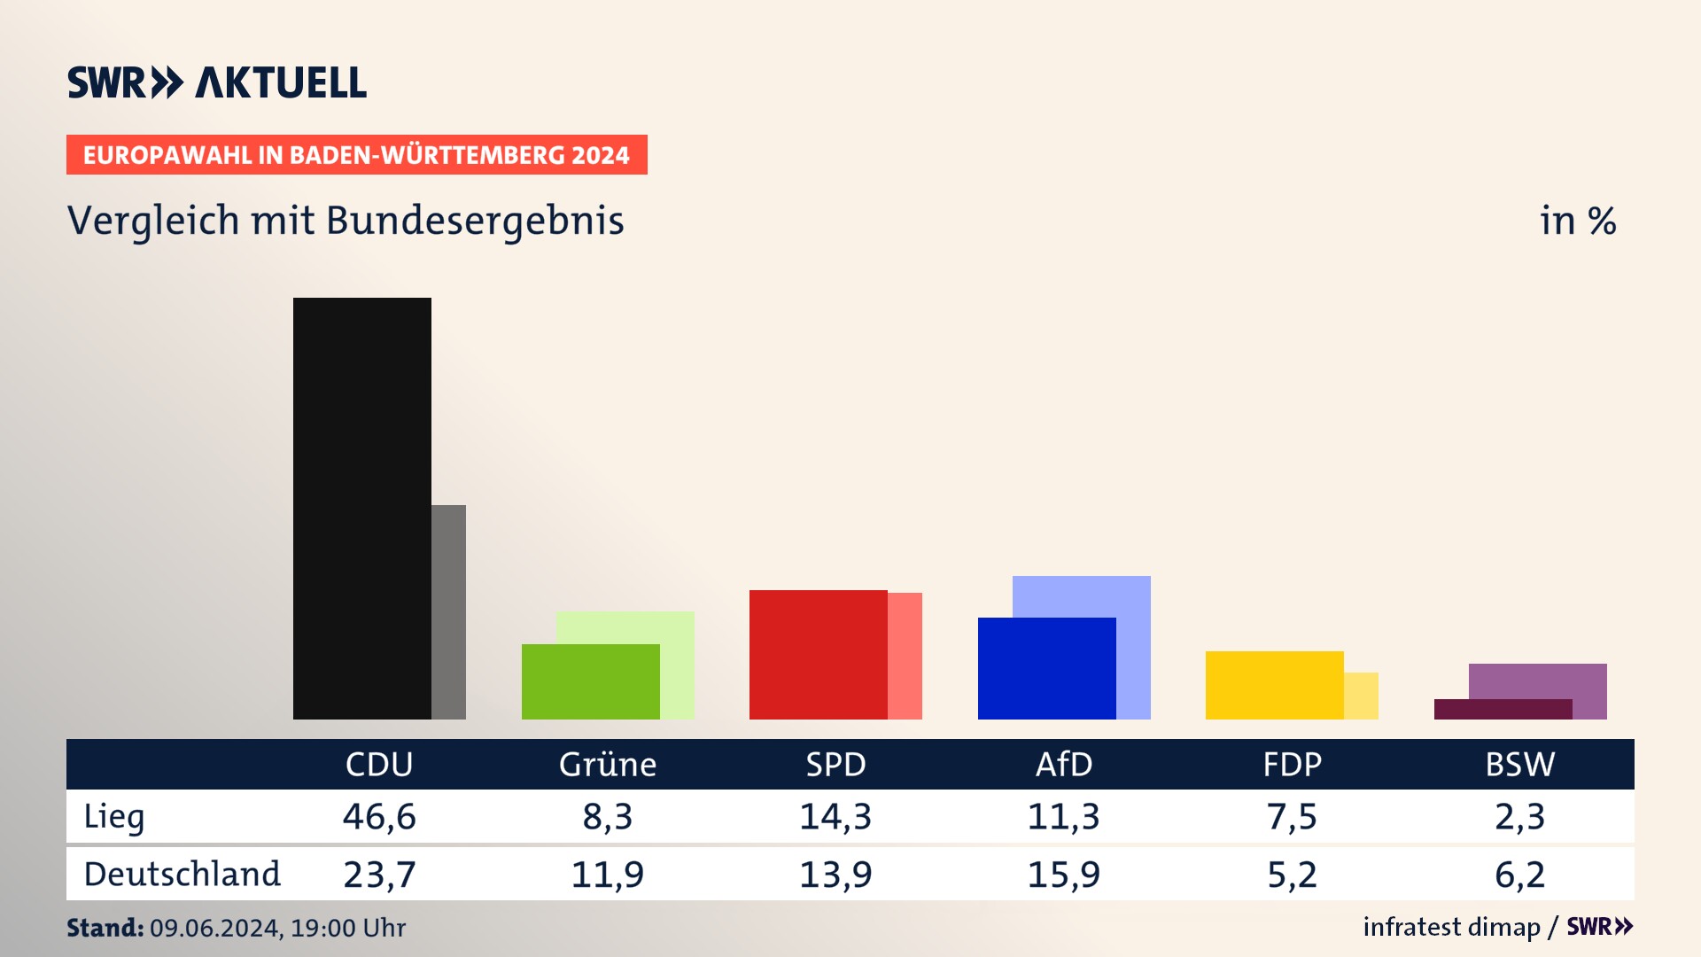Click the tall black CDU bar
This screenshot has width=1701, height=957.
pos(361,508)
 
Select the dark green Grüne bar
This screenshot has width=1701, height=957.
pos(590,681)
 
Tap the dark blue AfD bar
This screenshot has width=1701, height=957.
pos(1046,668)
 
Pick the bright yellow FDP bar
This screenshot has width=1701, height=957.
pos(1274,685)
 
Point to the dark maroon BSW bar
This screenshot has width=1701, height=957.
pos(1503,709)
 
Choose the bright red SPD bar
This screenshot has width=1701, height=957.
pos(818,654)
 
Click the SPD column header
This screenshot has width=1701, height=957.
pos(835,764)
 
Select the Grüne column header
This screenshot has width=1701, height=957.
pos(608,764)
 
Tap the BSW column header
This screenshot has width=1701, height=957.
pos(1519,764)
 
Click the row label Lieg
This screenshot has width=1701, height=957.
pos(114,816)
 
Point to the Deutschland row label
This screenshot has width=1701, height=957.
pos(182,875)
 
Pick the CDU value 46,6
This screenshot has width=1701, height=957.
pos(379,816)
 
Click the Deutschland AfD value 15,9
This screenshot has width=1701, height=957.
pos(1063,875)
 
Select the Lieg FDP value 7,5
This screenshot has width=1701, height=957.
pos(1292,816)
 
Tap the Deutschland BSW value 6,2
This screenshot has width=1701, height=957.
pos(1519,875)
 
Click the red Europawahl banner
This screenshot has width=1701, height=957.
pos(356,155)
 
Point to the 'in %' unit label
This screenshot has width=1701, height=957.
pos(1578,221)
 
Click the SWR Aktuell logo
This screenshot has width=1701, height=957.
pos(217,82)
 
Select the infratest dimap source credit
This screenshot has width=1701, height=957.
pos(1451,927)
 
